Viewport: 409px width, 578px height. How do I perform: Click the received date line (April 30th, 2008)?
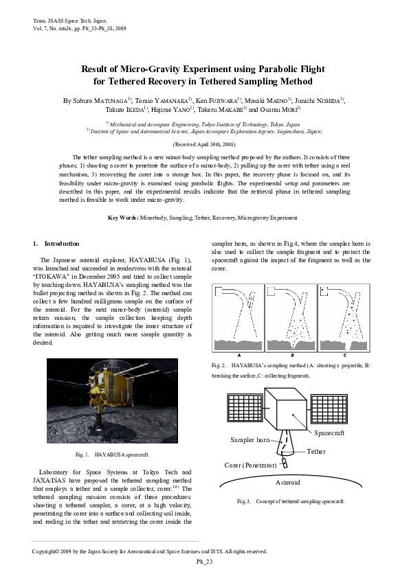204,145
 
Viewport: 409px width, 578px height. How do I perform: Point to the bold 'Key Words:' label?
124,218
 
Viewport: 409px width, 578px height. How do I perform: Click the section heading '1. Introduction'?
56,244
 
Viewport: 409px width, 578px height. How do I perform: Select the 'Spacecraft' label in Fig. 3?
329,433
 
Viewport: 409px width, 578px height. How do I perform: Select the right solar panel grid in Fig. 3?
332,408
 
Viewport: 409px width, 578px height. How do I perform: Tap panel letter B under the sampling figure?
292,355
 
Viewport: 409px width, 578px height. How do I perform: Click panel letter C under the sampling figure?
344,355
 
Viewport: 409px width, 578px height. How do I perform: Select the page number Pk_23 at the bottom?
204,561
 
